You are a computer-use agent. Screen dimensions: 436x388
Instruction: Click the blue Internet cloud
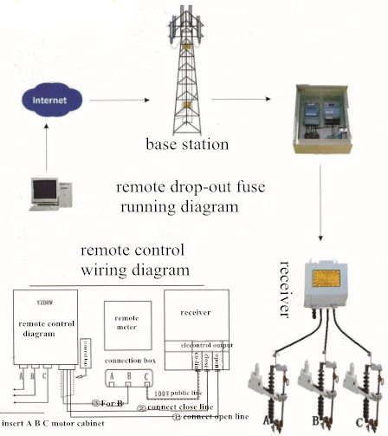tap(47, 101)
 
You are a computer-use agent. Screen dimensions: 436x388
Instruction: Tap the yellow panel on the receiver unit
tap(331, 283)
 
